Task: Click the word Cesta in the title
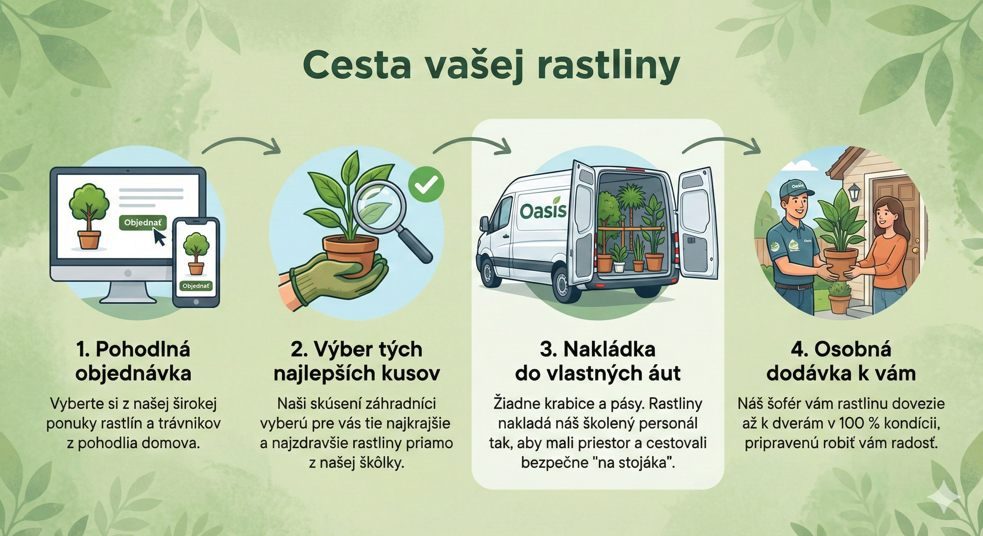coord(357,66)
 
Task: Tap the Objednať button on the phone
coord(196,286)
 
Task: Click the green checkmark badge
coord(426,186)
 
